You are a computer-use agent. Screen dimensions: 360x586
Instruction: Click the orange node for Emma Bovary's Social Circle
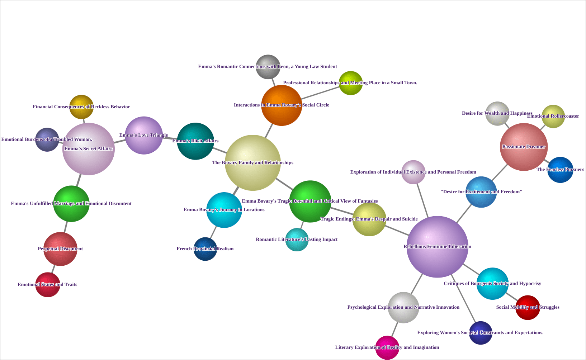282,105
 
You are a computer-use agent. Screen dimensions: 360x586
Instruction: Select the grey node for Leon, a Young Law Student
268,67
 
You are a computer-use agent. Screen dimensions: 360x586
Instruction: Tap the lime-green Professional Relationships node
351,83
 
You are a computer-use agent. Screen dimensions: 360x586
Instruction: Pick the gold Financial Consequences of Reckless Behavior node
81,107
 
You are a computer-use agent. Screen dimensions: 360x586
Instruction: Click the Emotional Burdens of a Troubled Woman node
47,139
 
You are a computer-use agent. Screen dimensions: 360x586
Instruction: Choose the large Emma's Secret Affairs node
88,149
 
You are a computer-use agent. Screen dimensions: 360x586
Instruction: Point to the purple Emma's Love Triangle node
144,136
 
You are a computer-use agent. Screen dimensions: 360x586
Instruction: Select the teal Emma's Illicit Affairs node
195,141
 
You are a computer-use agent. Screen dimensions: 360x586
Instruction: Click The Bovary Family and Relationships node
252,163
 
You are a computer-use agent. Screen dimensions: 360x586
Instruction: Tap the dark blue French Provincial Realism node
205,249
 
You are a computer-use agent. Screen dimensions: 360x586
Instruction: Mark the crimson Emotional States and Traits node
48,285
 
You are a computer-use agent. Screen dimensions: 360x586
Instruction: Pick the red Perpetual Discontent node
60,249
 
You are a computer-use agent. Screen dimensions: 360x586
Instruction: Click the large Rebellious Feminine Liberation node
437,247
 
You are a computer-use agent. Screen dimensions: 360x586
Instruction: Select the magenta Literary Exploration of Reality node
387,347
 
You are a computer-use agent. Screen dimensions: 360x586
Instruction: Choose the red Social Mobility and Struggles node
528,307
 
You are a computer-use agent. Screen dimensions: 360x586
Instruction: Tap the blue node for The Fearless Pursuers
560,170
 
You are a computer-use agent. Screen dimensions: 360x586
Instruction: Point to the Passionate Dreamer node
524,147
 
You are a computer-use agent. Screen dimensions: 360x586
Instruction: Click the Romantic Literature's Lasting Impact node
297,240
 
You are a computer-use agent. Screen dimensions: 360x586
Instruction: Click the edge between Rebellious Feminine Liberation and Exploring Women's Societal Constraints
463,299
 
